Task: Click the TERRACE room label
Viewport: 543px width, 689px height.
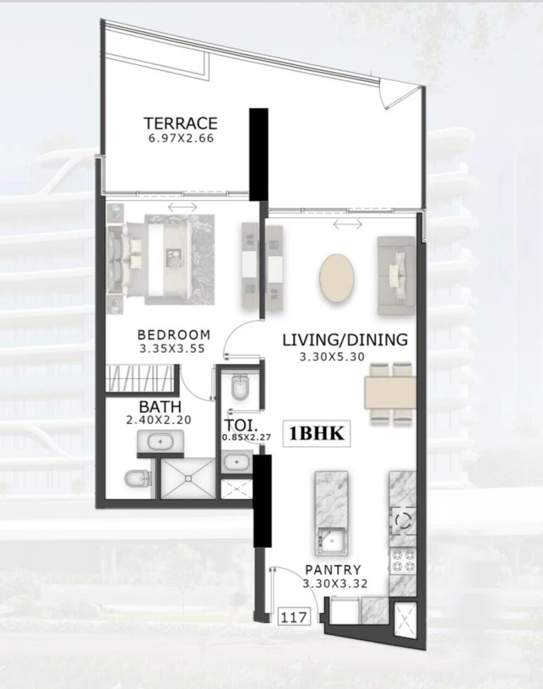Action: (180, 123)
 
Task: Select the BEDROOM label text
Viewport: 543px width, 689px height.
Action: (174, 334)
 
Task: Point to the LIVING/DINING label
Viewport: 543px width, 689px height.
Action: (345, 340)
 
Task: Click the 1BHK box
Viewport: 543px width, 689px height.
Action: (317, 434)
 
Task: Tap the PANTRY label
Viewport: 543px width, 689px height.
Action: (333, 570)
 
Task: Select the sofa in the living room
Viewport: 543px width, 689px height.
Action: (396, 275)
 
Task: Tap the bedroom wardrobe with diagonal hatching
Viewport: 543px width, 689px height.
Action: (140, 378)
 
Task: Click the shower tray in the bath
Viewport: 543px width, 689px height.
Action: (188, 478)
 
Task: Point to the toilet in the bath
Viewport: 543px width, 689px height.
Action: (136, 480)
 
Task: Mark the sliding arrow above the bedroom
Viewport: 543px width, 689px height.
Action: (182, 207)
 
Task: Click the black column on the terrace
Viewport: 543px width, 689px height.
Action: (259, 154)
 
